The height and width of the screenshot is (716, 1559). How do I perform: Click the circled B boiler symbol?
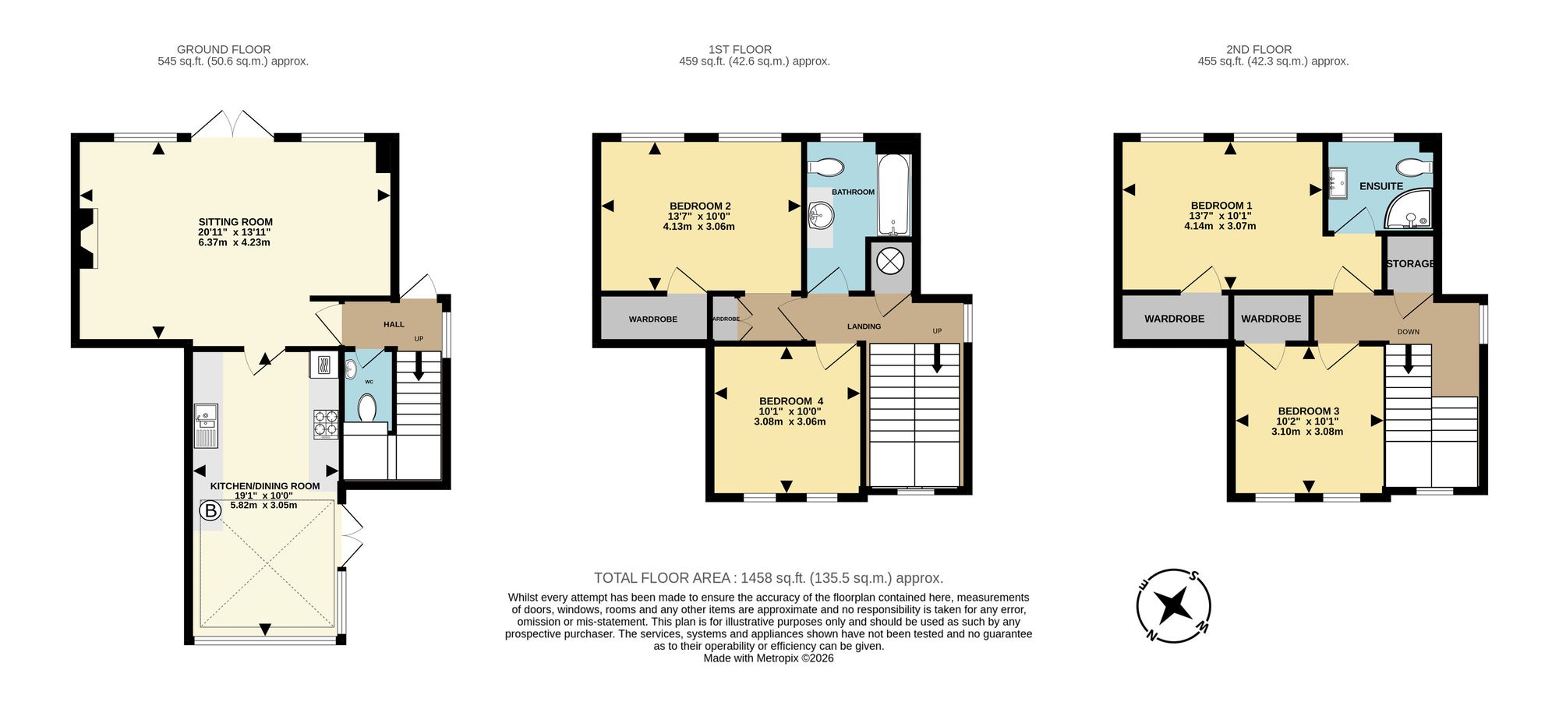(x=210, y=512)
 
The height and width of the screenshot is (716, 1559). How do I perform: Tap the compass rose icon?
(x=1173, y=605)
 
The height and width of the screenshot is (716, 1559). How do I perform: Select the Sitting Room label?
(x=235, y=222)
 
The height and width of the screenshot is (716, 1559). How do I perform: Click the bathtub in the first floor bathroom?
(x=893, y=195)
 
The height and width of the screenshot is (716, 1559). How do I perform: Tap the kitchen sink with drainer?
(x=207, y=426)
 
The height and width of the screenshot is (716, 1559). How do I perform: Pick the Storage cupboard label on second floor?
(x=1410, y=263)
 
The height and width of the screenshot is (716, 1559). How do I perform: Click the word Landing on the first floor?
(x=864, y=326)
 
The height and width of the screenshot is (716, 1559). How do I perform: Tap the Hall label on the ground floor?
(x=394, y=324)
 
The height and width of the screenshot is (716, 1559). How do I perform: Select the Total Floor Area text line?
(x=769, y=578)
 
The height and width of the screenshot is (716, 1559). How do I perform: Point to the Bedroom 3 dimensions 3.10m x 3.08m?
(x=1307, y=432)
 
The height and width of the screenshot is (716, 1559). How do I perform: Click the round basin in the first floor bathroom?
(x=821, y=213)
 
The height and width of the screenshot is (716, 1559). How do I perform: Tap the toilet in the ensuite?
(x=1414, y=168)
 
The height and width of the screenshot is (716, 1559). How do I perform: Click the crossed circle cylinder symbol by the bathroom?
(x=889, y=260)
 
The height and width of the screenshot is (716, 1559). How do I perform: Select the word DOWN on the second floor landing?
(x=1408, y=332)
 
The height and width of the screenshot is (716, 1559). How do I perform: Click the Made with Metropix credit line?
(x=769, y=658)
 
